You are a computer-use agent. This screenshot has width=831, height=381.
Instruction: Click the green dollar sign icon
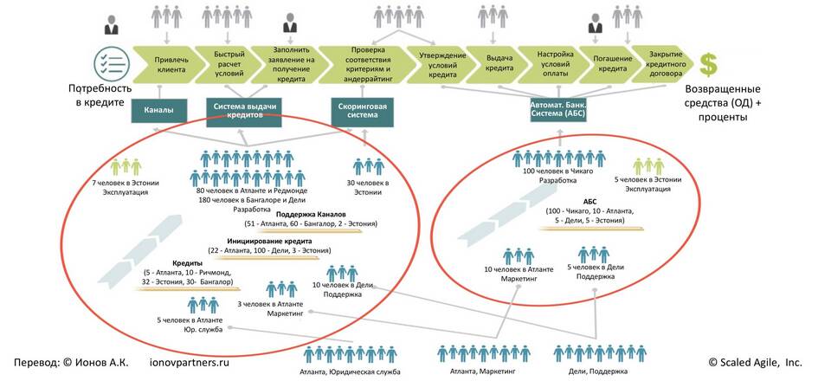click(709, 63)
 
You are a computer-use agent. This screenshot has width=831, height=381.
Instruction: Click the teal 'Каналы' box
click(159, 111)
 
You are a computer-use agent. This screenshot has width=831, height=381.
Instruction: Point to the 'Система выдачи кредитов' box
click(245, 111)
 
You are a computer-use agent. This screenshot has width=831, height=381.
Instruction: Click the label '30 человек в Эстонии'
click(367, 187)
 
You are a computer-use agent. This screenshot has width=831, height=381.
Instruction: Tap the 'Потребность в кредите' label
click(101, 95)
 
